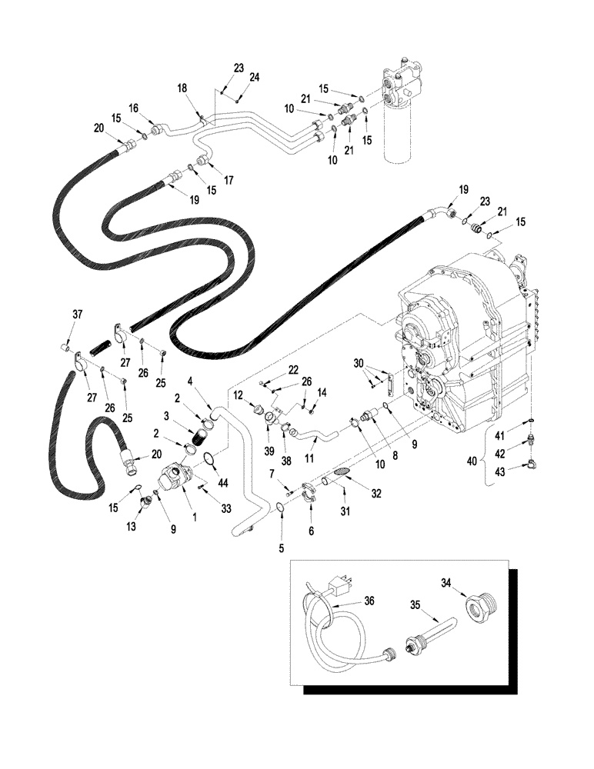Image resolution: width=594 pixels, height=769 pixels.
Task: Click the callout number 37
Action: click(77, 314)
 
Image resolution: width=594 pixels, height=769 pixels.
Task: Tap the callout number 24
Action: click(255, 77)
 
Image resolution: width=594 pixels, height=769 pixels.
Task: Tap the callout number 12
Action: click(239, 395)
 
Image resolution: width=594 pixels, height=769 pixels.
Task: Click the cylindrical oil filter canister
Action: click(399, 131)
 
